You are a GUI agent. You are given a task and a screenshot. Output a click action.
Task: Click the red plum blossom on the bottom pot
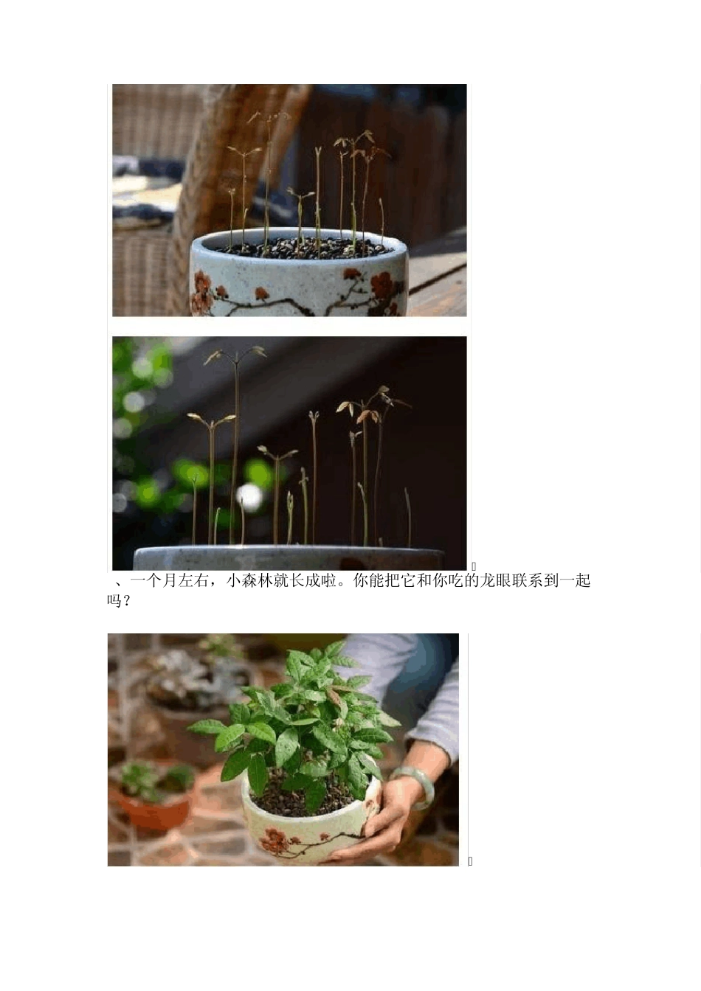click(274, 840)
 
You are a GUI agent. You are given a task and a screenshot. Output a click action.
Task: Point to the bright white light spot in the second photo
click(249, 496)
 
